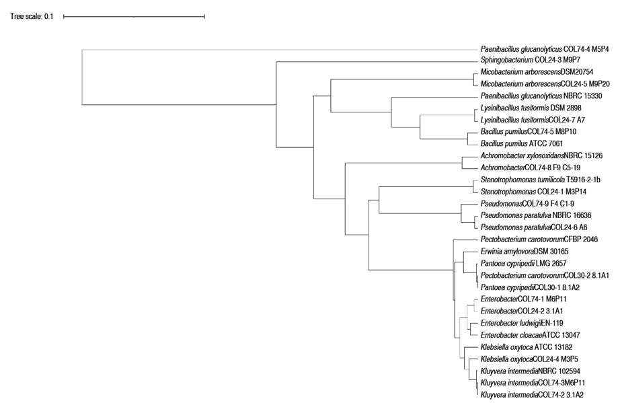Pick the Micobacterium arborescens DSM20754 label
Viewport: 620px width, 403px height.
point(537,72)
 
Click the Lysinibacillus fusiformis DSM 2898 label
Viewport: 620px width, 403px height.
point(532,108)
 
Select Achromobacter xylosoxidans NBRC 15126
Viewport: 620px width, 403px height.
point(541,155)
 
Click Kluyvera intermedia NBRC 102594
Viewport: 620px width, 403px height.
point(535,371)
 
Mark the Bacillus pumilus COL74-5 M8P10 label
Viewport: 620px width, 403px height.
point(527,132)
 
